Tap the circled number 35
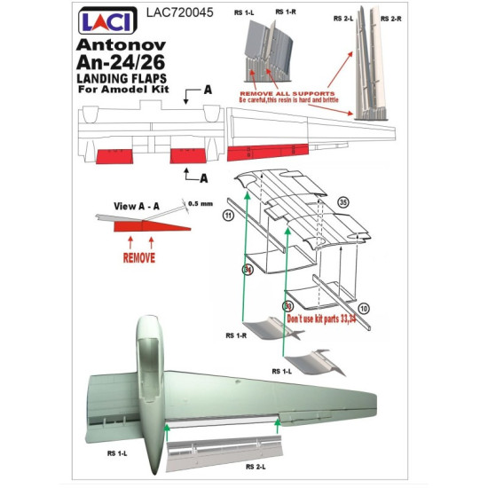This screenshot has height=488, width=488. (x=343, y=202)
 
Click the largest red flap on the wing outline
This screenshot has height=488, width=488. (x=265, y=152)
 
